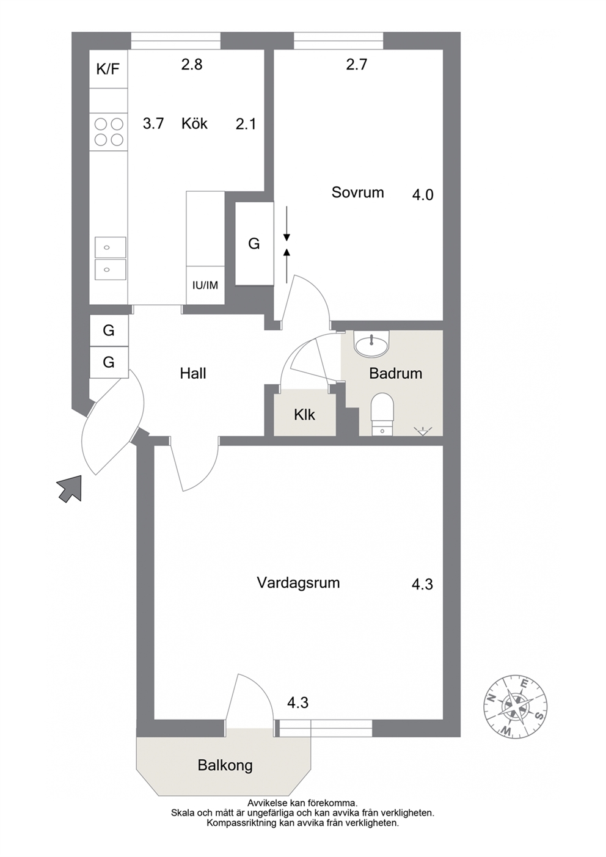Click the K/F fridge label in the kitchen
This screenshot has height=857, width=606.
point(108,69)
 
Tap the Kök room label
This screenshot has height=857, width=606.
point(194,123)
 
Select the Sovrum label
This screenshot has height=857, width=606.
point(358,192)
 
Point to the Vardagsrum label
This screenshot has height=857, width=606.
point(298,583)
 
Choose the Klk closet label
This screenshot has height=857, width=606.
point(305,415)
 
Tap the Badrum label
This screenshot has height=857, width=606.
point(396,373)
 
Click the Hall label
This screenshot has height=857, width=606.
point(193,373)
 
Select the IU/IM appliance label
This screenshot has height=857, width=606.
point(205,285)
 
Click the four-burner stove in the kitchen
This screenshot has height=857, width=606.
point(109,132)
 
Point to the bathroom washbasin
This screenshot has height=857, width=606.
point(372,343)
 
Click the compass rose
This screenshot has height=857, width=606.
point(514,700)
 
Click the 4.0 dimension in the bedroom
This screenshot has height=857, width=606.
point(423,195)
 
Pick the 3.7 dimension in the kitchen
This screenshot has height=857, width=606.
point(153,123)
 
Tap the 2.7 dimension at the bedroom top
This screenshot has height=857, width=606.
point(357,64)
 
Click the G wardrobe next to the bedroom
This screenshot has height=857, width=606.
point(254,243)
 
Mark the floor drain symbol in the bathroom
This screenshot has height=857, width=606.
point(422,431)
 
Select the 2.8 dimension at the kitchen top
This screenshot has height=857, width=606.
point(192,64)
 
